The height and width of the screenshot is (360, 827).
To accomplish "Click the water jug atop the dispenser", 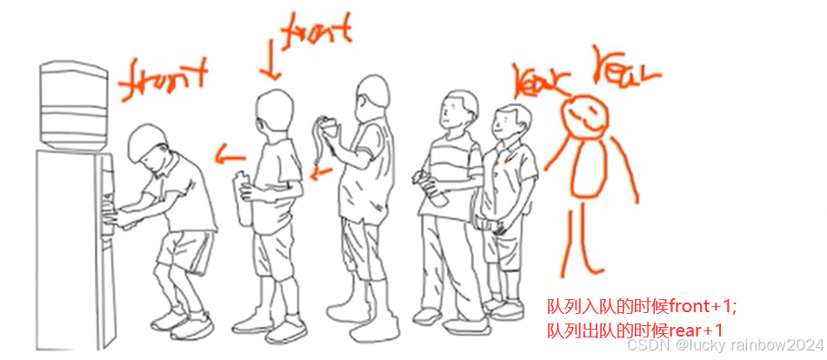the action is point(75,103).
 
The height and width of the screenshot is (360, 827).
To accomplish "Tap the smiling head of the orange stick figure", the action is point(584,118).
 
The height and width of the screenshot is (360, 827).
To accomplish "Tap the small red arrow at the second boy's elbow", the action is point(321,173).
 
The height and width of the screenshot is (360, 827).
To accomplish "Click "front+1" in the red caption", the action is point(702,306).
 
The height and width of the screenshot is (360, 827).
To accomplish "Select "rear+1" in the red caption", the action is point(695,330).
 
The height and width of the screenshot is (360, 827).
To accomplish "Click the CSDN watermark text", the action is point(724,346).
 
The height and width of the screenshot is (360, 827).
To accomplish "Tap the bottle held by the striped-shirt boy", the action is point(431,188).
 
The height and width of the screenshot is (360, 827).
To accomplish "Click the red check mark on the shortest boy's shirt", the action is point(509,157).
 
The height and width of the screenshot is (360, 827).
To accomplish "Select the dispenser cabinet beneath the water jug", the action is point(76,250).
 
